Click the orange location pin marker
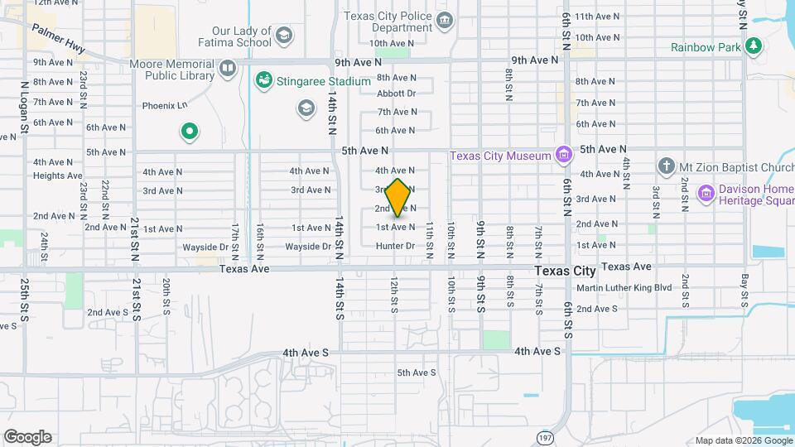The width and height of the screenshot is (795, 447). [x=398, y=199]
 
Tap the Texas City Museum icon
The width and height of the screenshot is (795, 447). [x=564, y=155]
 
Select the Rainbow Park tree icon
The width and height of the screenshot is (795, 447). [x=753, y=46]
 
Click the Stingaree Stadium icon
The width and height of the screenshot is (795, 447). [x=264, y=81]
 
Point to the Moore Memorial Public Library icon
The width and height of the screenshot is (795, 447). [x=227, y=67]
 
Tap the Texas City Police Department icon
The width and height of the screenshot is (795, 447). [x=445, y=20]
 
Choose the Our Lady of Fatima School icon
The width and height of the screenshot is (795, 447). [x=284, y=35]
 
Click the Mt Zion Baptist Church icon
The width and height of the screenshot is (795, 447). [x=667, y=166]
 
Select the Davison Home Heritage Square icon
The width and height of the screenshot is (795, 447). [x=706, y=193]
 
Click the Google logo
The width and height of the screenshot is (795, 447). [x=27, y=437]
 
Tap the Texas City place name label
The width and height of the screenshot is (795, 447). [x=565, y=271]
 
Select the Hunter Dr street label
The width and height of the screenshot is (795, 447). [x=395, y=246]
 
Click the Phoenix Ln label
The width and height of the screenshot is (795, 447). [x=165, y=105]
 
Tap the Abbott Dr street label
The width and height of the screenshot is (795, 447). [x=396, y=94]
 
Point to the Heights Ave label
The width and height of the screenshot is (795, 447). [x=58, y=175]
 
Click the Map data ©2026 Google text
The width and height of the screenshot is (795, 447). [x=743, y=440]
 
